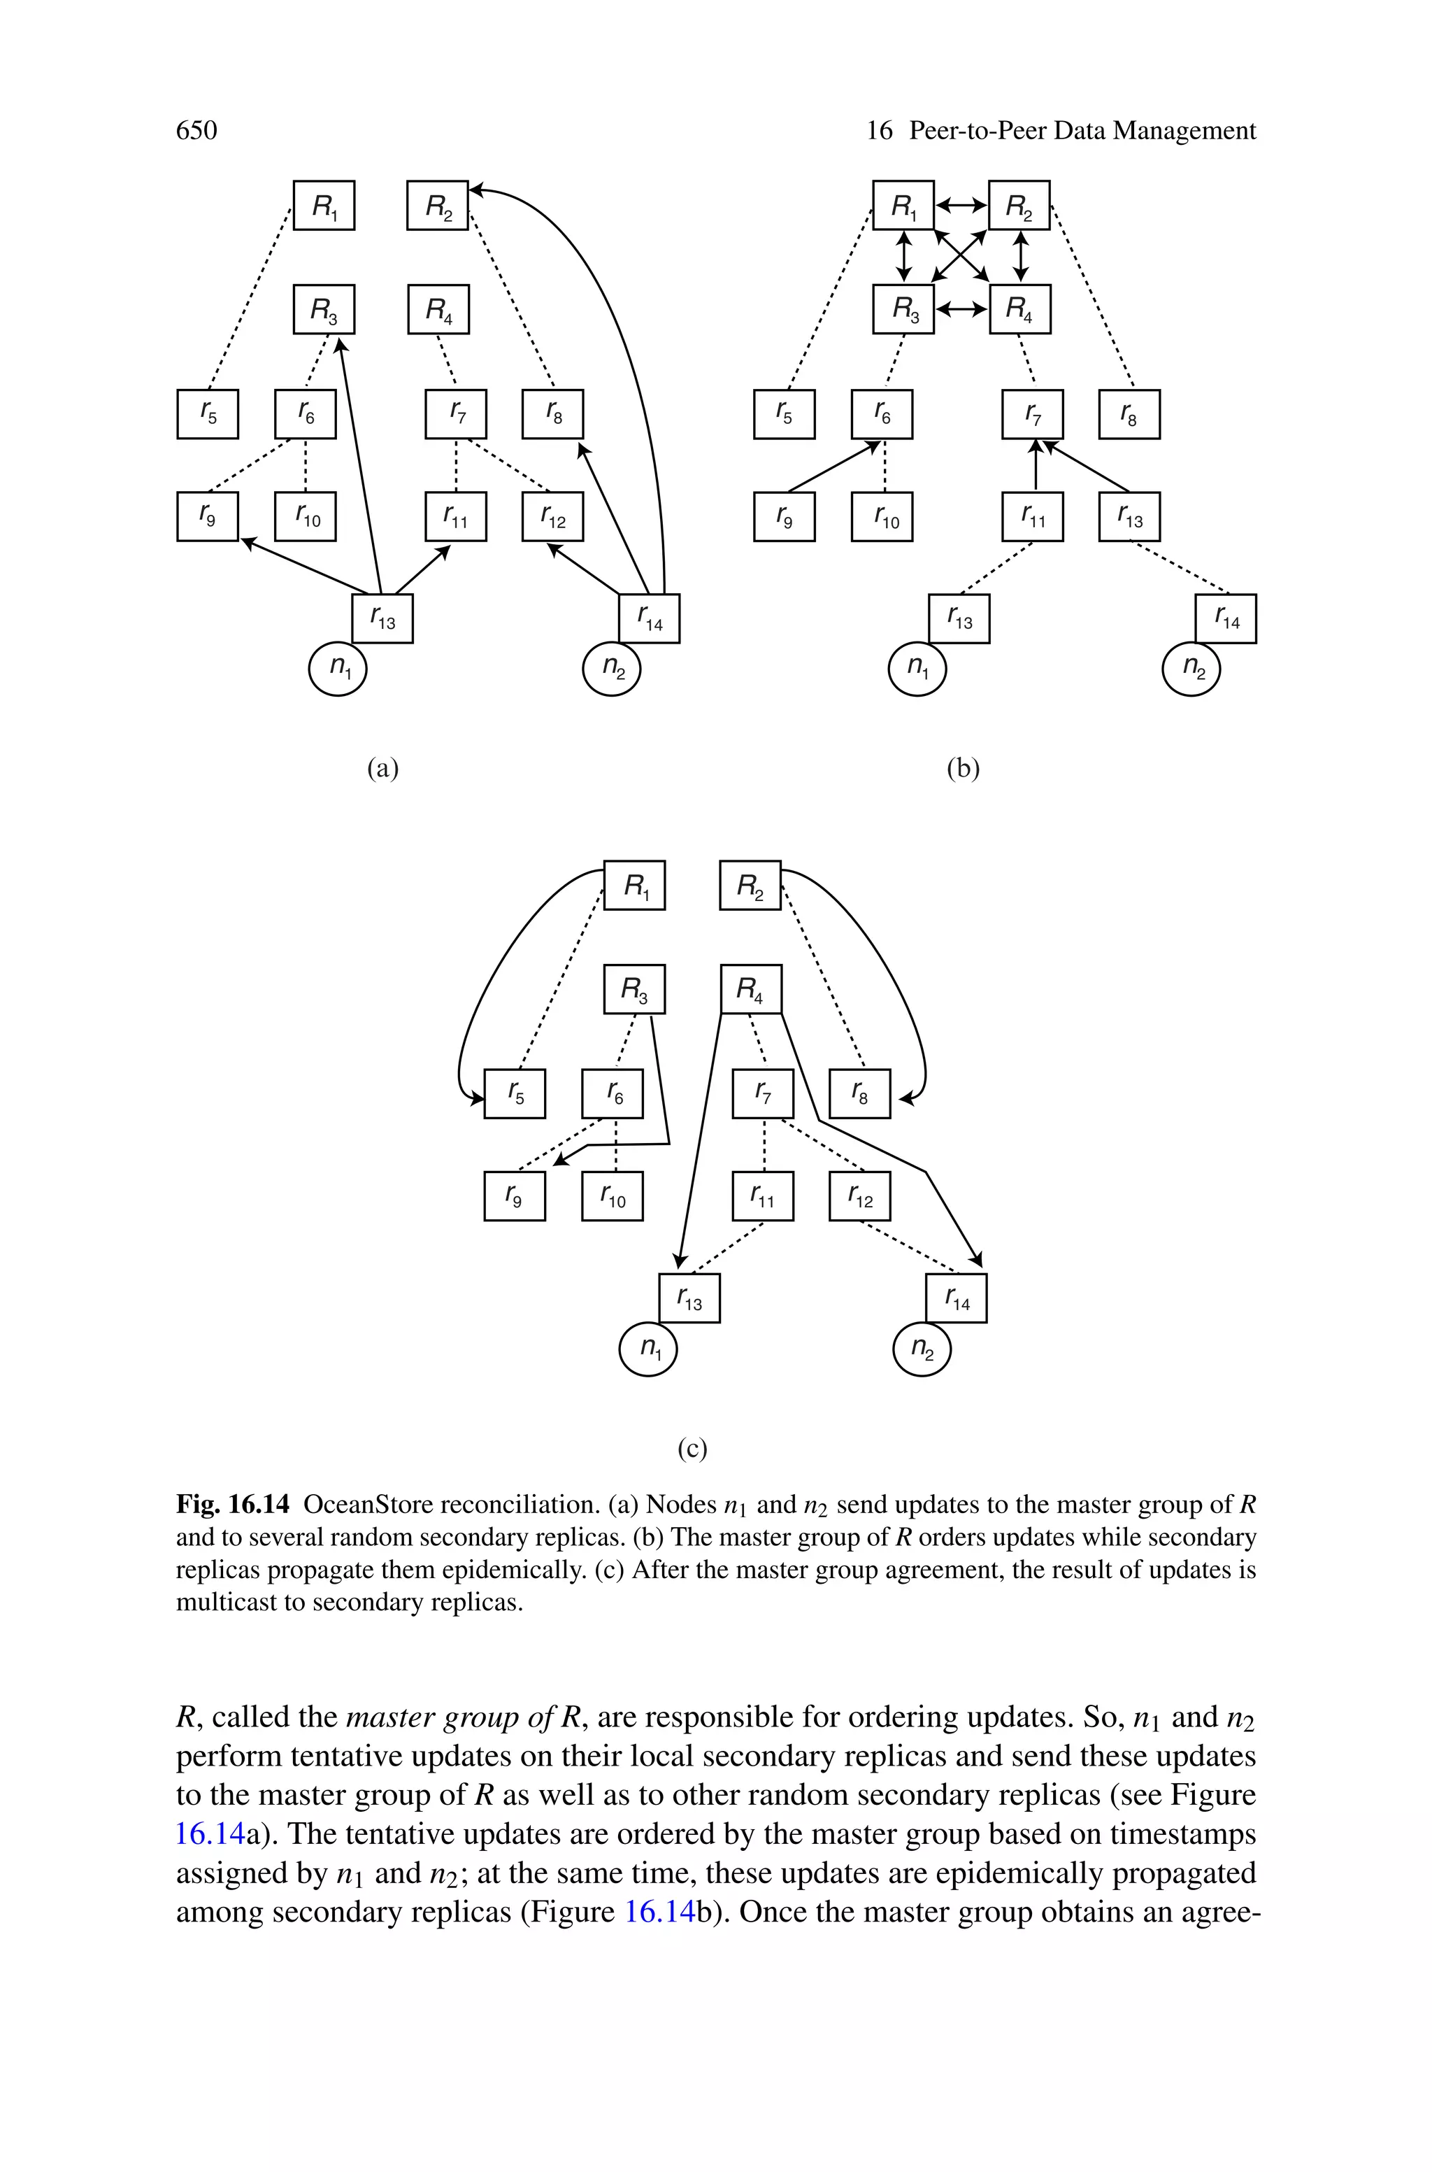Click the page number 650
click(x=196, y=132)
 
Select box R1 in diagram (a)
click(x=323, y=206)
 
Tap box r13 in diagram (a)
click(x=382, y=618)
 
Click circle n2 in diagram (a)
click(x=612, y=669)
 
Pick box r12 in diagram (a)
click(x=552, y=516)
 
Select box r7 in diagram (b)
click(x=1033, y=413)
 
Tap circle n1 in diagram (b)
click(x=917, y=669)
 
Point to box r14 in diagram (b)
click(x=1226, y=618)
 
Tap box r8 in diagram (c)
click(x=859, y=1093)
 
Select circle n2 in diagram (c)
click(x=922, y=1349)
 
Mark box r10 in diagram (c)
click(x=612, y=1195)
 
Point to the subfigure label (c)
click(x=692, y=1449)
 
